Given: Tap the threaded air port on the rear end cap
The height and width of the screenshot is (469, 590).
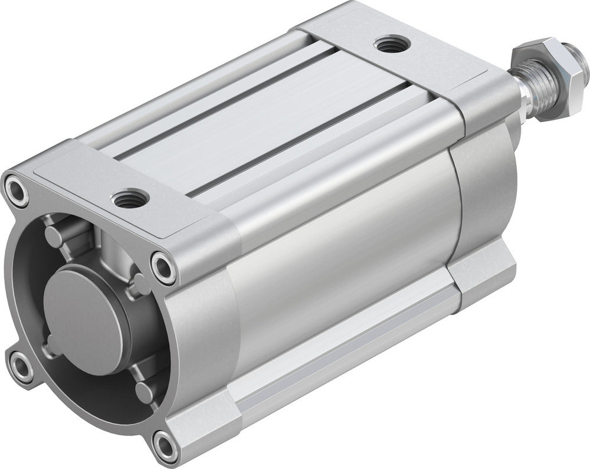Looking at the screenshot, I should (x=390, y=44).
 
